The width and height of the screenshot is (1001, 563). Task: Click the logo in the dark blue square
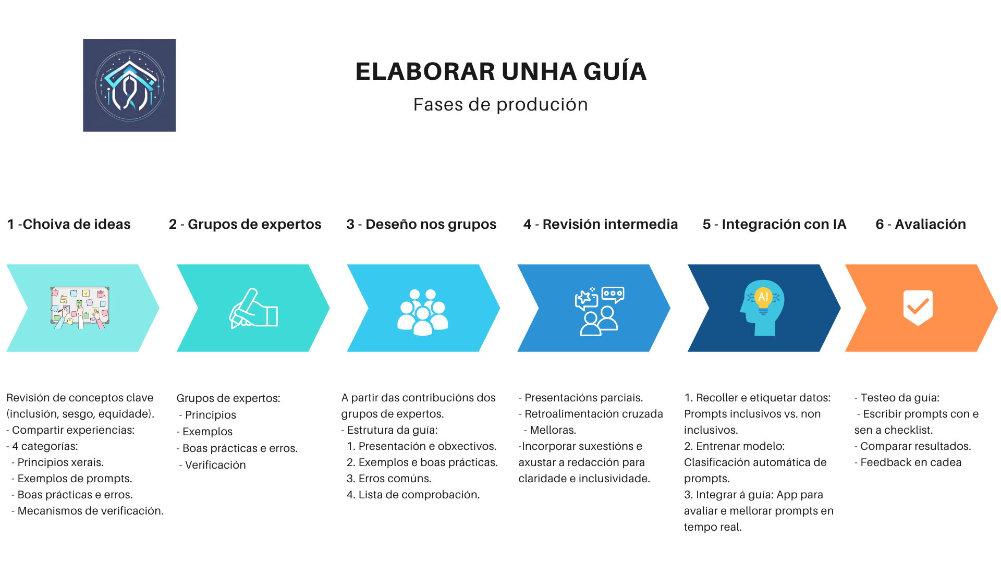point(129,85)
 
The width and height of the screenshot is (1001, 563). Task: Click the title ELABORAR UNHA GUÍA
point(500,71)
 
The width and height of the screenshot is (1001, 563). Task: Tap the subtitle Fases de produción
point(500,105)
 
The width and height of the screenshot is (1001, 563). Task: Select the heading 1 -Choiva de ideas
point(69,224)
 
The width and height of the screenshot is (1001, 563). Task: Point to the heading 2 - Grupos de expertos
point(245,224)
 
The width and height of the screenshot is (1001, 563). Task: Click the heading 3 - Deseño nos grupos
point(421,224)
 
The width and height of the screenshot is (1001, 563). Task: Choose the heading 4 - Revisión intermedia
point(601,224)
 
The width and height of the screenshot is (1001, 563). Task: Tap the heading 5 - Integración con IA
point(774,224)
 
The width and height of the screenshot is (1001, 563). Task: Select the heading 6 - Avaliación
point(921,224)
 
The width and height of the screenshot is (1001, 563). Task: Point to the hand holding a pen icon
point(253,309)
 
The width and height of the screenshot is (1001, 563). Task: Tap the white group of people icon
point(423,312)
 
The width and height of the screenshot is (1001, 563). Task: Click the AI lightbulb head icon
point(762,308)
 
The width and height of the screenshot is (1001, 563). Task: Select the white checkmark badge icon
point(918,308)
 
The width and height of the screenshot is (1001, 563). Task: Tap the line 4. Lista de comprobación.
point(413,495)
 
